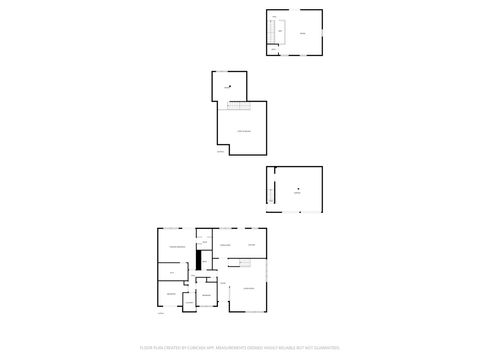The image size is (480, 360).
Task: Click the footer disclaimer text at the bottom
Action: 240,348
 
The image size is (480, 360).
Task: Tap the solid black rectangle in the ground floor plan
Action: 200,260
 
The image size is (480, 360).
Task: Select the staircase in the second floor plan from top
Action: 237,106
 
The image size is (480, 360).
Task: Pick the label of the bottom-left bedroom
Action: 170,294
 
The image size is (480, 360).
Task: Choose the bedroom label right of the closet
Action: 206,295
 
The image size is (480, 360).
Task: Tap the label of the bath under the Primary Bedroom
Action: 172,271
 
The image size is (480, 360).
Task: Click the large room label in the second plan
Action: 243,130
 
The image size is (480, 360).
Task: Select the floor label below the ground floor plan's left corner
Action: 160,313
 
